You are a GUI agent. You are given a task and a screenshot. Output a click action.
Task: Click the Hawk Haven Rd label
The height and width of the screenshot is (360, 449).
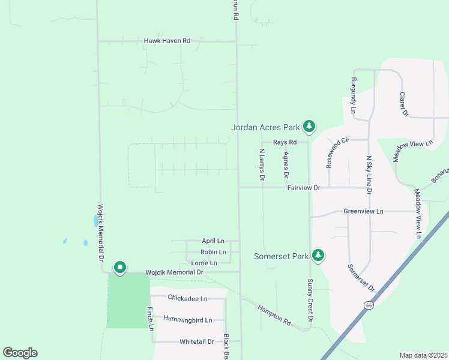167,41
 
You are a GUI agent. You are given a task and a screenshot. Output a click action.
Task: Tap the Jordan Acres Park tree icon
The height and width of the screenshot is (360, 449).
309,126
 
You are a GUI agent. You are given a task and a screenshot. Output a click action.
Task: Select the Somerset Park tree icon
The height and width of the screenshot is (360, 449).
318,256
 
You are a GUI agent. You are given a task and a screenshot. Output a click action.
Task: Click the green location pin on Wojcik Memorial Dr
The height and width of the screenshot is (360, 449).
120,267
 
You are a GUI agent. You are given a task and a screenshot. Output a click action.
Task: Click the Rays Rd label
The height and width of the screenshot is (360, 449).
285,142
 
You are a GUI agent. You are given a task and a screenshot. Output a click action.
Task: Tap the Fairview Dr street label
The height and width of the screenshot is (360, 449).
304,188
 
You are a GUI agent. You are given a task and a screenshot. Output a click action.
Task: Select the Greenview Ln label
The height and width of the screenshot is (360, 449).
363,211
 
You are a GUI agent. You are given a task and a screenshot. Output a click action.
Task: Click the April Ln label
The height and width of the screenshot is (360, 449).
213,241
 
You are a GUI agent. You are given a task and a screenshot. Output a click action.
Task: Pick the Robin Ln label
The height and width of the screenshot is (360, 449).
213,252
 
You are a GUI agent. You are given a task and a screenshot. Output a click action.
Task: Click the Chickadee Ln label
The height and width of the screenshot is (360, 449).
187,298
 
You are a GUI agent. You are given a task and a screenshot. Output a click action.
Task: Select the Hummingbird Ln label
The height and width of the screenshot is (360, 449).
188,320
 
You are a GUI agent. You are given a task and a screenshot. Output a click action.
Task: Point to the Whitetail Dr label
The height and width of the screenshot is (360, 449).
196,341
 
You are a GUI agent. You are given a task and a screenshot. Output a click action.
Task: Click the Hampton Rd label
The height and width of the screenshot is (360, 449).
274,316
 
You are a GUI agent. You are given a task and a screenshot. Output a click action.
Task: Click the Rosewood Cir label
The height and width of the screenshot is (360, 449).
337,153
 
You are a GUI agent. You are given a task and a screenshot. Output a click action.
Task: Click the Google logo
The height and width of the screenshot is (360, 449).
20,353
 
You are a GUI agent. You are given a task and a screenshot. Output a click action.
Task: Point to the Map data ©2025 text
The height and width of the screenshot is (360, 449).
423,355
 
